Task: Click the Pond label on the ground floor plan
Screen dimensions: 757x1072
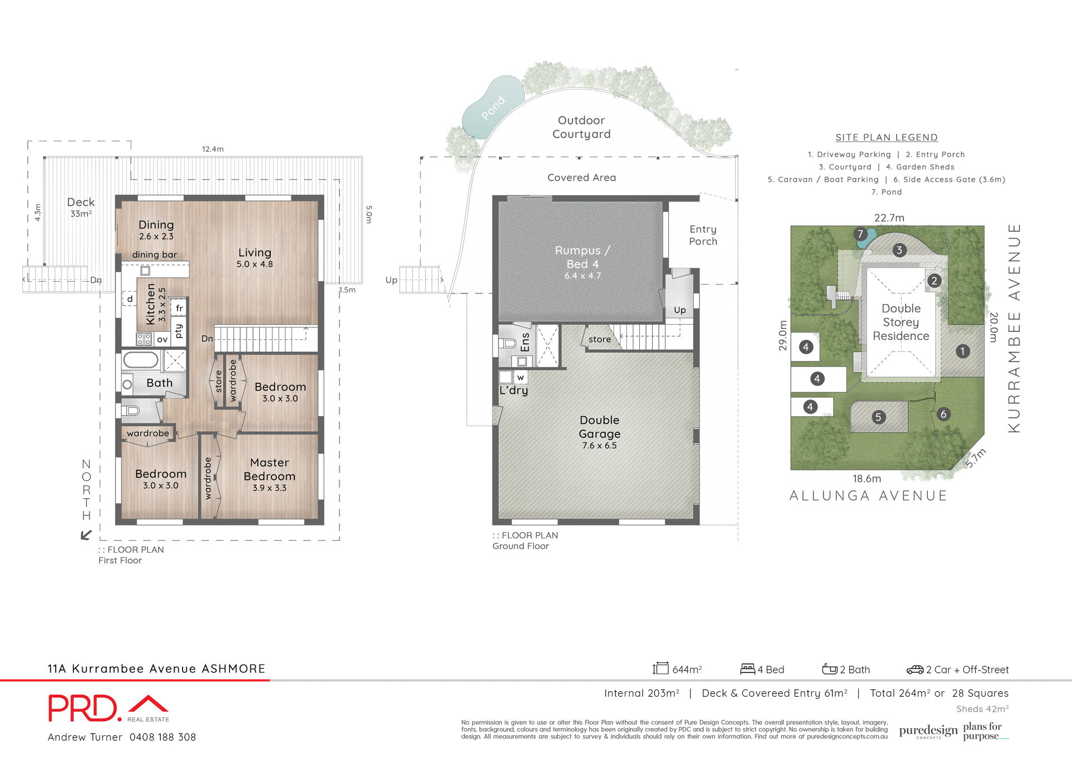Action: [492, 108]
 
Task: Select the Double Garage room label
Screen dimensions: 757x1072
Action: [599, 427]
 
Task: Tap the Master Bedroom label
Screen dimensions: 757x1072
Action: [269, 470]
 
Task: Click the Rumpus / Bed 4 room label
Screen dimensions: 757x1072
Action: [582, 257]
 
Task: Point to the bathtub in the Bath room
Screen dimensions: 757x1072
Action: [141, 360]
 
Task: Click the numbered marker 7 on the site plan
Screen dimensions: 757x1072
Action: [860, 234]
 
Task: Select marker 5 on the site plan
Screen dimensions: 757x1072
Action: [878, 417]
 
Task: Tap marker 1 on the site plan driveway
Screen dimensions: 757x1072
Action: [963, 351]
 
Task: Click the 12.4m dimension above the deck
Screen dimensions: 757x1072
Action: [213, 149]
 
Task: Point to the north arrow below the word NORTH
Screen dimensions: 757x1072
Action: [86, 535]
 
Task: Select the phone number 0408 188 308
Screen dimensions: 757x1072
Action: [162, 737]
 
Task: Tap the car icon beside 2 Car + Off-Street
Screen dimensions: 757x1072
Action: [915, 669]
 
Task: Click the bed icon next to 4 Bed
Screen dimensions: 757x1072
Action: [748, 668]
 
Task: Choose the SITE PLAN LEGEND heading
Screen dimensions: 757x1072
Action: [887, 137]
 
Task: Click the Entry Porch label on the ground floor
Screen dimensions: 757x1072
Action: [703, 235]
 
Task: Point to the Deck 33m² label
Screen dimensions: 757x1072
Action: [81, 206]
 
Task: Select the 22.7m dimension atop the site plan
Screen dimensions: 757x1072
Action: [889, 218]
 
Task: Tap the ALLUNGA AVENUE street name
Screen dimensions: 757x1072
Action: [868, 496]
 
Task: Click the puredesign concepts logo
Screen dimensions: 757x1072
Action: [928, 731]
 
